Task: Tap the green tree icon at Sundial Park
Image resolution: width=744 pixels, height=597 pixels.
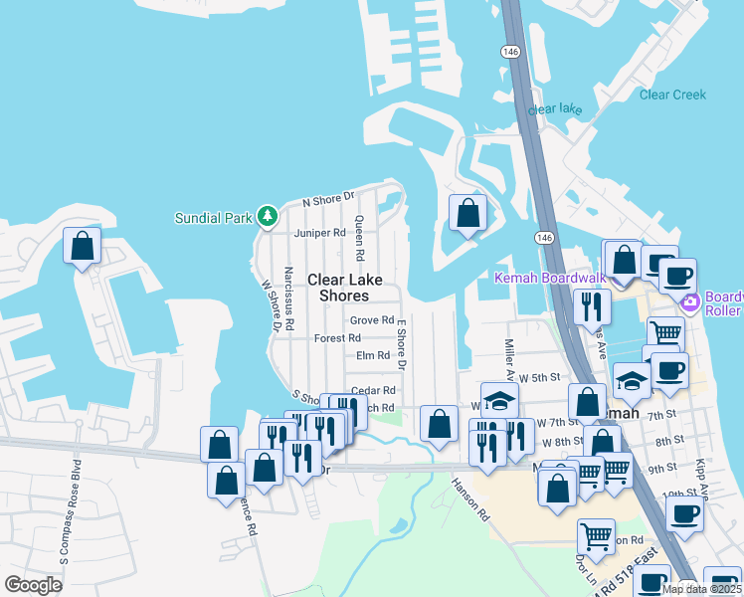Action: [267, 215]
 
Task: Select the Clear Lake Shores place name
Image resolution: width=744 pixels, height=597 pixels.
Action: [338, 289]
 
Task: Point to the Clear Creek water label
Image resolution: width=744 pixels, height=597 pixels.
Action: [672, 95]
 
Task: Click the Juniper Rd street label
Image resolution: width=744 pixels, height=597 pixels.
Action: [319, 234]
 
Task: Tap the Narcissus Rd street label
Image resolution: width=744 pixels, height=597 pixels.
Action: [288, 298]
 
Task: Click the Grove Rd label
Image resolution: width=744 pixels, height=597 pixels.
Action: [372, 320]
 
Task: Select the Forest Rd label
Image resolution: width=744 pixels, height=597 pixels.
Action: [337, 338]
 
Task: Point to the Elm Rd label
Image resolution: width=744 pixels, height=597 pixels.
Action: [372, 355]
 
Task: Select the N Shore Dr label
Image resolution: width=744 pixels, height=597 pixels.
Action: [328, 200]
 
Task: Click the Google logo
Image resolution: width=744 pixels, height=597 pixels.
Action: [34, 585]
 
